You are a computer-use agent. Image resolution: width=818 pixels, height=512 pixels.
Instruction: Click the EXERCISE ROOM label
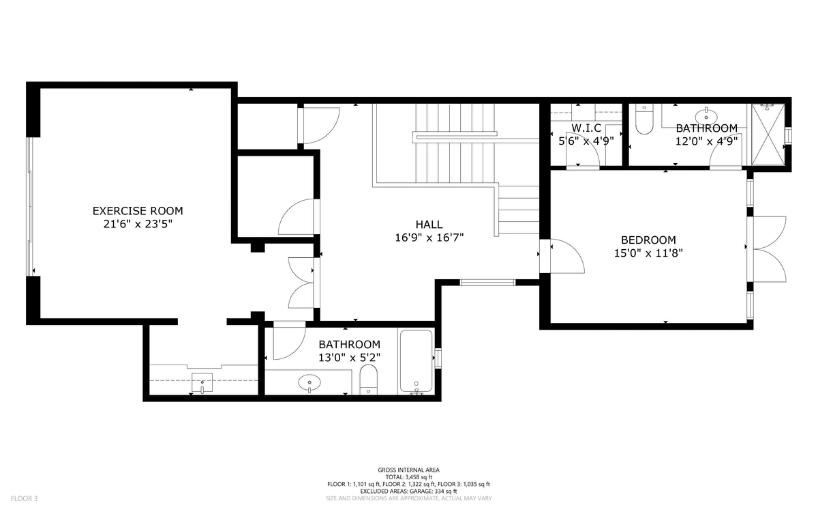[x=138, y=211]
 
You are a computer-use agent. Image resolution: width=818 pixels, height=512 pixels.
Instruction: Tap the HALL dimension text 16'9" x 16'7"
[x=429, y=238]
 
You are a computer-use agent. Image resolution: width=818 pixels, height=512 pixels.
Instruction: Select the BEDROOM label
[x=648, y=240]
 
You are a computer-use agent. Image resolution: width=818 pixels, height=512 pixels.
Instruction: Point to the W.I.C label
[x=586, y=128]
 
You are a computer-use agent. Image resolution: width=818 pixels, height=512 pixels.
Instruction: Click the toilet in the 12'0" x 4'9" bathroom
[x=644, y=119]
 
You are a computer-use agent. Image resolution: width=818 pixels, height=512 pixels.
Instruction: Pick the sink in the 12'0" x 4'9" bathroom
[x=706, y=116]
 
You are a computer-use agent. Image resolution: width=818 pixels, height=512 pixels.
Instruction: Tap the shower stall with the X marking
[x=768, y=134]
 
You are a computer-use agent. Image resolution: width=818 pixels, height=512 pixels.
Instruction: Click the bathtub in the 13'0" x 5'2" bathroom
[x=416, y=362]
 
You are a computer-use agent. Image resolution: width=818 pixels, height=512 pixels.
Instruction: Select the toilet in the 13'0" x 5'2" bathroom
[x=369, y=380]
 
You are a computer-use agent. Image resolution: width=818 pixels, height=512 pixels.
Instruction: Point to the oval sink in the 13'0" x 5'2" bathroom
[x=309, y=383]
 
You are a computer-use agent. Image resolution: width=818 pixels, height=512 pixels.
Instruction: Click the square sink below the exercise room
[x=202, y=382]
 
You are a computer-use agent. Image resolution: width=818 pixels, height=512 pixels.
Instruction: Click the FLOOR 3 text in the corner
[x=24, y=498]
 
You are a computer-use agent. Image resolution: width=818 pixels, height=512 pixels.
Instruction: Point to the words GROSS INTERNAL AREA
[x=408, y=470]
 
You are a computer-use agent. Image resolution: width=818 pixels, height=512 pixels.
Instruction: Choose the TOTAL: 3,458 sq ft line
[x=408, y=477]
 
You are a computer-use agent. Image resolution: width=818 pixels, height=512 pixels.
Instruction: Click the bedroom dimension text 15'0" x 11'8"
[x=648, y=253]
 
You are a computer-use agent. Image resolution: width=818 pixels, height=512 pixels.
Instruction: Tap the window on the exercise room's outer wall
[x=29, y=207]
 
